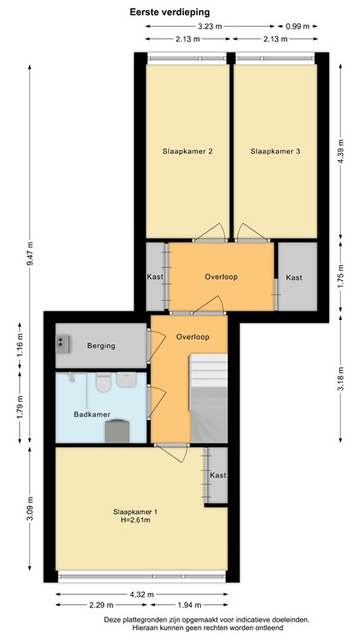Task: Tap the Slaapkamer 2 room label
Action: coord(187,152)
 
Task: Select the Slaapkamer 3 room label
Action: coord(275,152)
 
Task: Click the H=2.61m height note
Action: coord(133,522)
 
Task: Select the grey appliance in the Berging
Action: coord(63,341)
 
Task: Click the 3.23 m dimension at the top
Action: coord(211,27)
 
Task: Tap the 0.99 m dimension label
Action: coord(297,27)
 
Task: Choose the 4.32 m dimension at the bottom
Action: coord(142,593)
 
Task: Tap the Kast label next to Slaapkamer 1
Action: coord(217,475)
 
